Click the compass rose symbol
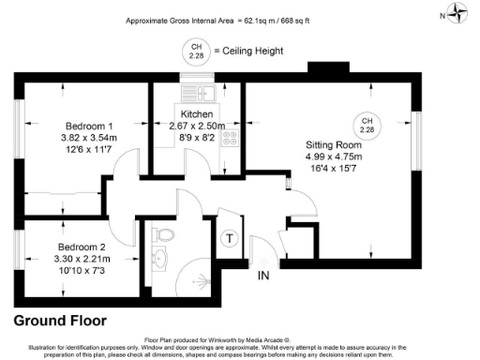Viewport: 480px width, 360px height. click(x=457, y=13)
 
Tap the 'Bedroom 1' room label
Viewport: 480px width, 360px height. click(x=89, y=127)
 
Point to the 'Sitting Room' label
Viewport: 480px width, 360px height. click(x=335, y=145)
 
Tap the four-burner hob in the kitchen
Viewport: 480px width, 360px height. click(x=231, y=137)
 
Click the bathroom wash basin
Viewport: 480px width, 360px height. click(x=158, y=259)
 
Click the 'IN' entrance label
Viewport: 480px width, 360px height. click(x=265, y=276)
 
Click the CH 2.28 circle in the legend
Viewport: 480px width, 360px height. click(x=196, y=50)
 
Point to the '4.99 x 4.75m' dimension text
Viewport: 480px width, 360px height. click(x=335, y=157)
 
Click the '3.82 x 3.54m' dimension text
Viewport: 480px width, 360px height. click(x=89, y=138)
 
